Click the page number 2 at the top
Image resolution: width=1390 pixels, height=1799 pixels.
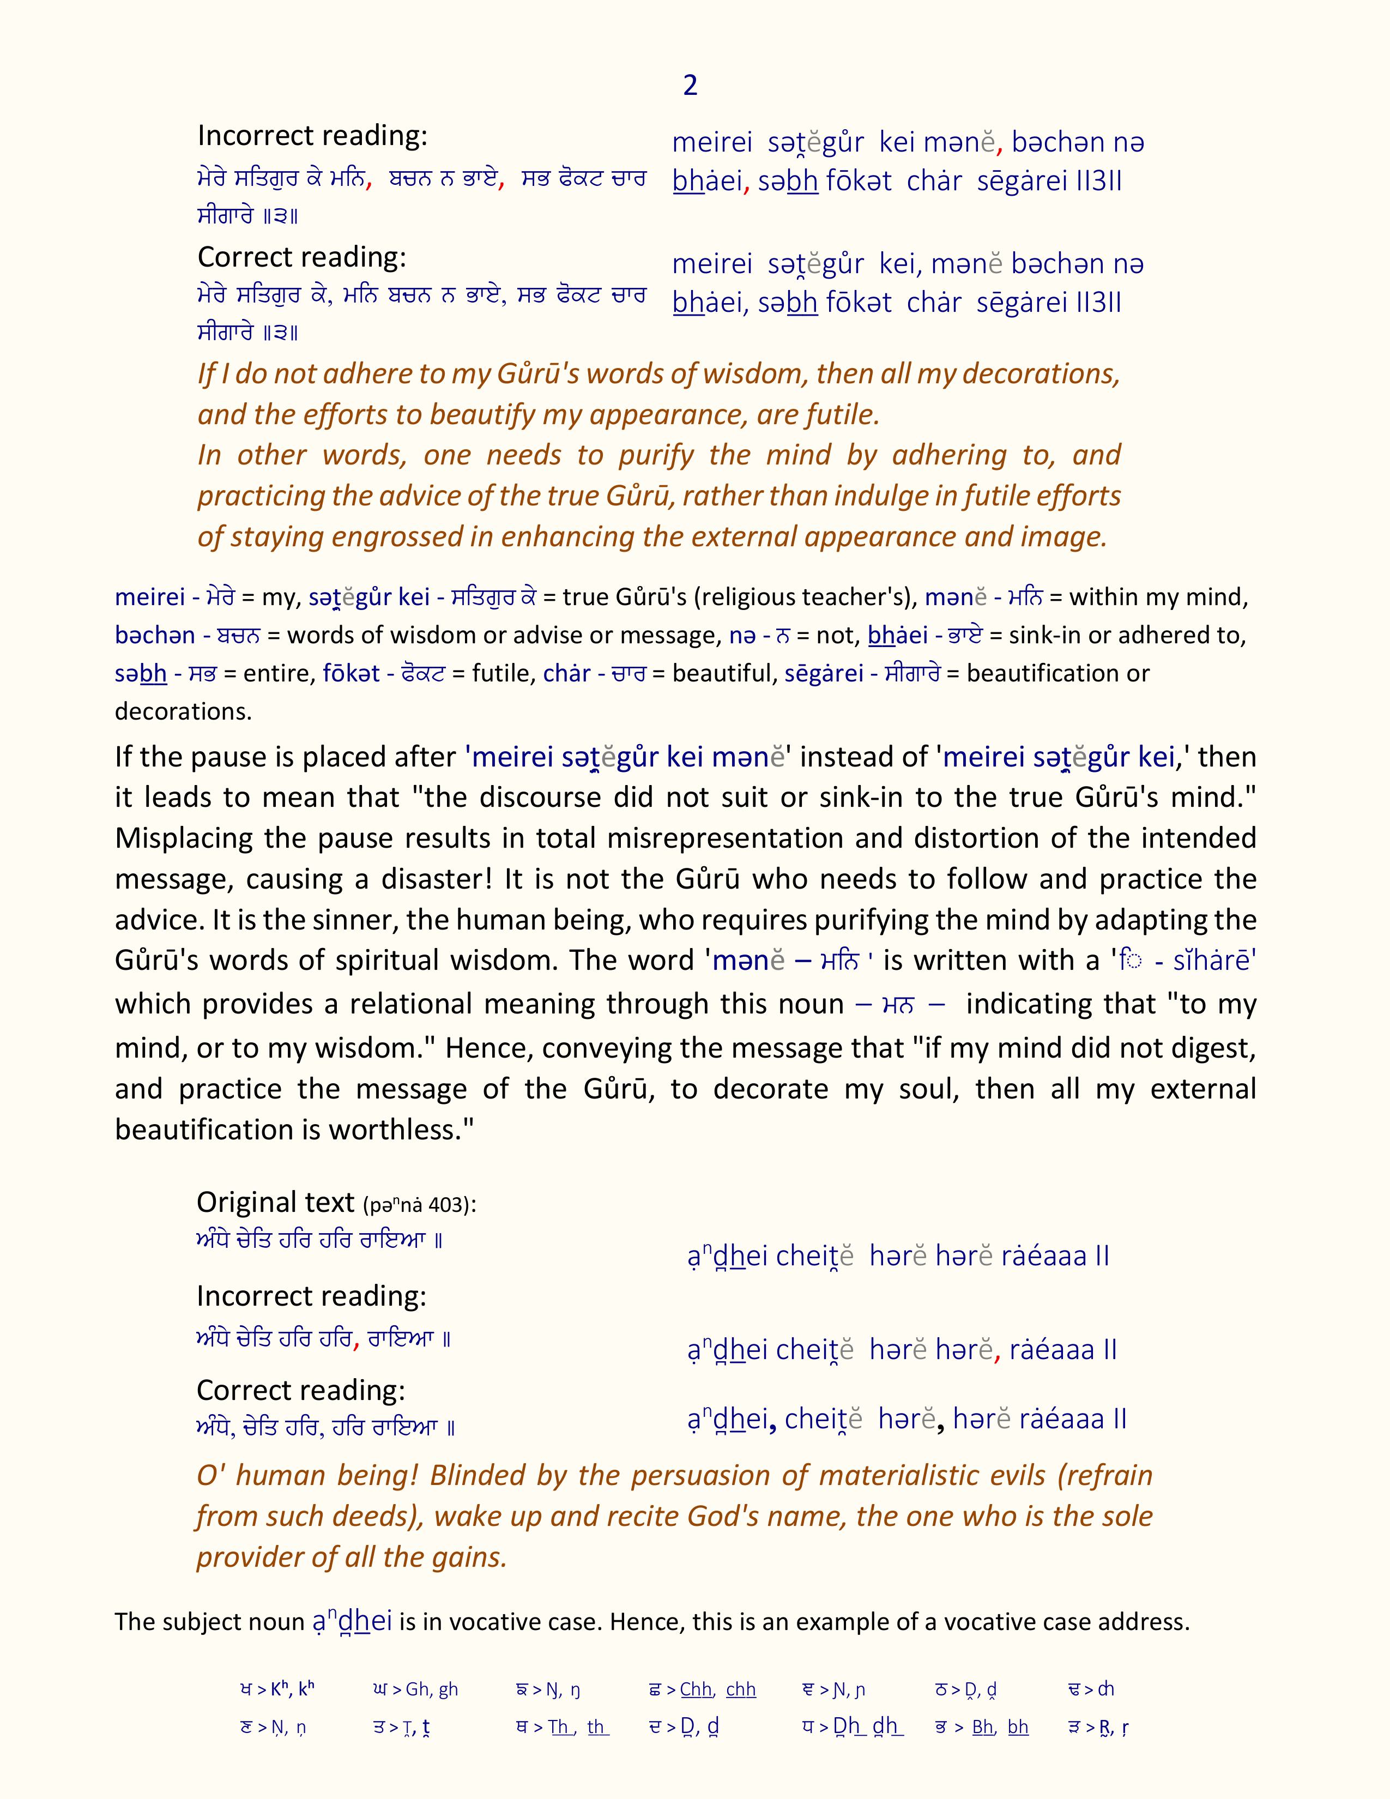pos(690,86)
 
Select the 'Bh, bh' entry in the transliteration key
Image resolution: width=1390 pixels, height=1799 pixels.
pos(1000,1728)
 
